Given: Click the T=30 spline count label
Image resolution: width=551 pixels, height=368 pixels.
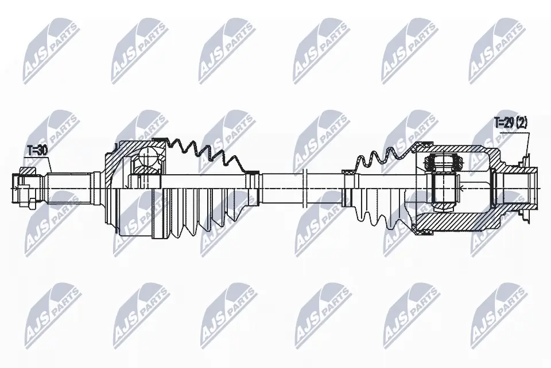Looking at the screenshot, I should tap(37, 151).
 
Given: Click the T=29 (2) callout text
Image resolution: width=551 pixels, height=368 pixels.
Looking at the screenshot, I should tap(511, 122).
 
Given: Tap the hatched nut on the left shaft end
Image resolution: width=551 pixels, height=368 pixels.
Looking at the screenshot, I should tap(27, 172).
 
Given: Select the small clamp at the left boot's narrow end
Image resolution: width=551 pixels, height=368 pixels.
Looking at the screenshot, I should tap(250, 172).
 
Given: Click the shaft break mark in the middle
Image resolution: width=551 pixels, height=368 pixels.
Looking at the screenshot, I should tap(306, 187).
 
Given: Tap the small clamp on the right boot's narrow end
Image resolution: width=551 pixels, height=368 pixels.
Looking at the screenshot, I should tap(348, 172).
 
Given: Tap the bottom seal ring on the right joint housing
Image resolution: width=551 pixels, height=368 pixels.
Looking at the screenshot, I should tap(425, 231).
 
